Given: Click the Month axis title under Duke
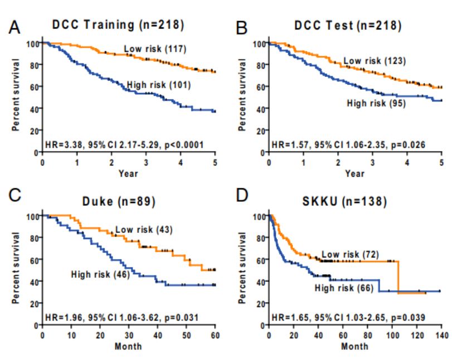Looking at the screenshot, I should tap(128, 346).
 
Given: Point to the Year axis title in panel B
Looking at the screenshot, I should tap(354, 173).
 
